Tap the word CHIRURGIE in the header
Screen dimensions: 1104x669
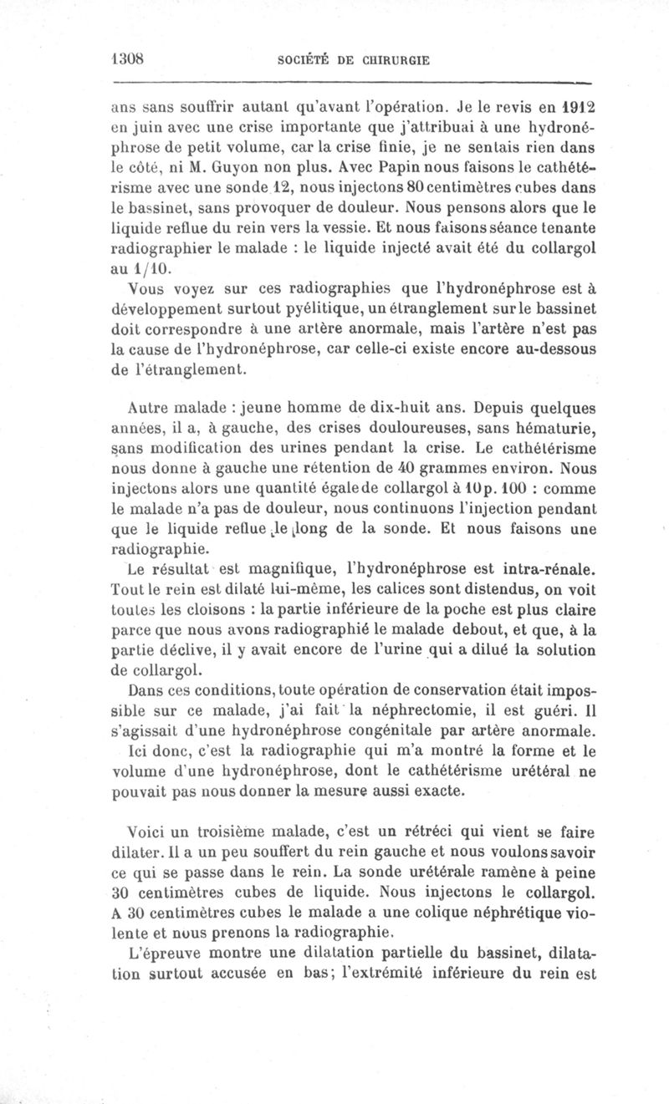click(x=396, y=60)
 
